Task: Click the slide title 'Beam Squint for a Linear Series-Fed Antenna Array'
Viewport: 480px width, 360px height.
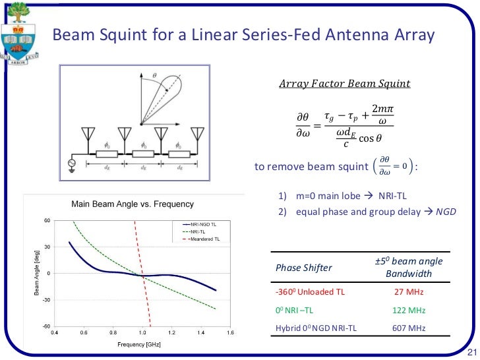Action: [243, 34]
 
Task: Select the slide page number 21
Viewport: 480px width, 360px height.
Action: [471, 350]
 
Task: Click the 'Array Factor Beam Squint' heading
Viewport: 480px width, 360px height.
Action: [344, 84]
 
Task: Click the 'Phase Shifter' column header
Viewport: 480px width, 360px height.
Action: [303, 268]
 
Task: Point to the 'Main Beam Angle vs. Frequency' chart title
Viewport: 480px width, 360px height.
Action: [132, 204]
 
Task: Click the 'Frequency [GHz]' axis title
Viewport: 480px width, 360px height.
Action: [142, 345]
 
